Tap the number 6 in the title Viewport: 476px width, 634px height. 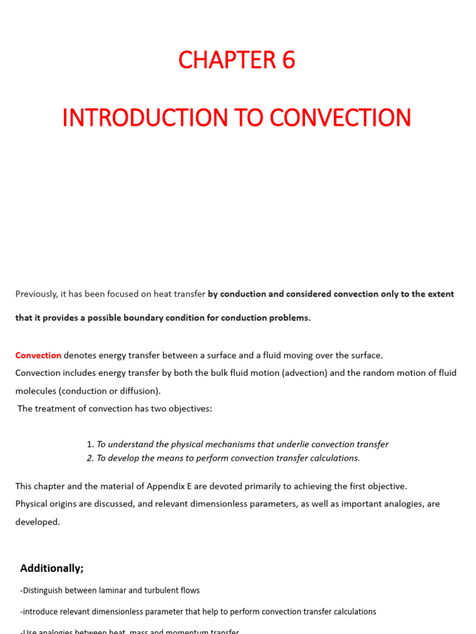[288, 60]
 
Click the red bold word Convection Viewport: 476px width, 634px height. [38, 355]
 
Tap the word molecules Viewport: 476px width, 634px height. [37, 391]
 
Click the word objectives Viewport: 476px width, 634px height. [191, 409]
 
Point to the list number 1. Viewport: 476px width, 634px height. [90, 444]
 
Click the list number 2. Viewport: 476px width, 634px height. [90, 458]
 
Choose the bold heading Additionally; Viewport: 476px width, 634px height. [52, 568]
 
